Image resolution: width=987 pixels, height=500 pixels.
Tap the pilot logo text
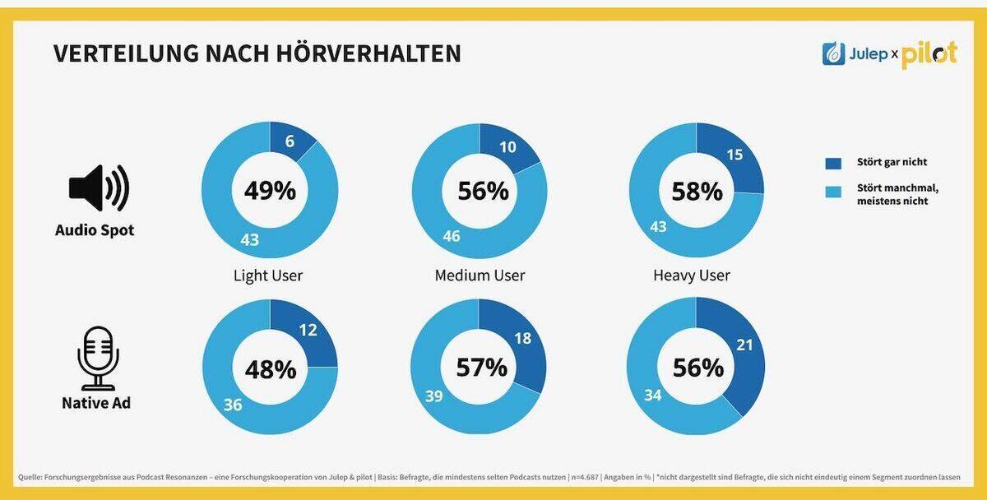tap(929, 54)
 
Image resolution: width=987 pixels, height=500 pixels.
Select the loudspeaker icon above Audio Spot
tap(98, 187)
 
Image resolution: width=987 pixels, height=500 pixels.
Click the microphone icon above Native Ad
tap(98, 357)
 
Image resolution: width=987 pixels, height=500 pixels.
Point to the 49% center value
tap(269, 191)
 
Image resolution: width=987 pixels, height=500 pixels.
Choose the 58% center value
tap(697, 191)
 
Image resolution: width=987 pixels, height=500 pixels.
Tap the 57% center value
tap(482, 367)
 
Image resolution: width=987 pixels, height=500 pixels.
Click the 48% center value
tap(270, 369)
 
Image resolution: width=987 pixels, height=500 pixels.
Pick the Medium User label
tap(480, 275)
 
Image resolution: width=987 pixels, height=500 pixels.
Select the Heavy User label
tap(691, 275)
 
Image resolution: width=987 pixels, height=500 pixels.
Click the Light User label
tap(267, 275)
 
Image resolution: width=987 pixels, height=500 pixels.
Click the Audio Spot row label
tap(95, 231)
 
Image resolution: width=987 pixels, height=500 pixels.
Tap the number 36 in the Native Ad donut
tap(234, 405)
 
